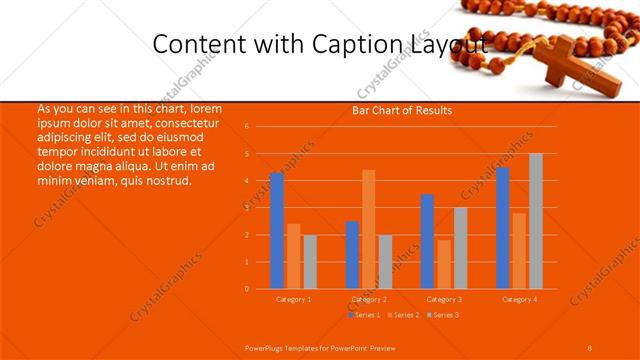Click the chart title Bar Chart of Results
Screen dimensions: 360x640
coord(402,110)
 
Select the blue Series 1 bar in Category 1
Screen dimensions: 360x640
coord(277,231)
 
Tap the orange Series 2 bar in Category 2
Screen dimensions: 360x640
coord(368,229)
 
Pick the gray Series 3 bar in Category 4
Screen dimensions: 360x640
coord(536,221)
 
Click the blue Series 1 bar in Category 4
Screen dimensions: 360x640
coord(503,228)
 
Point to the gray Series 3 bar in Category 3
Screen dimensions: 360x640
coord(460,248)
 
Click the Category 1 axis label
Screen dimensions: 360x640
coord(294,299)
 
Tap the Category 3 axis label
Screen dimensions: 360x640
coord(444,299)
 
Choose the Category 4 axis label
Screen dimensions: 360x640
coord(519,299)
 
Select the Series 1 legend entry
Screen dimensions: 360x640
coord(366,315)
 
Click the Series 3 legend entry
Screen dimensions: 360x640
coord(446,315)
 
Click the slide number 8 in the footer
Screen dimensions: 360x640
coord(590,347)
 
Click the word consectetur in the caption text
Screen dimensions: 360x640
coord(179,122)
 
